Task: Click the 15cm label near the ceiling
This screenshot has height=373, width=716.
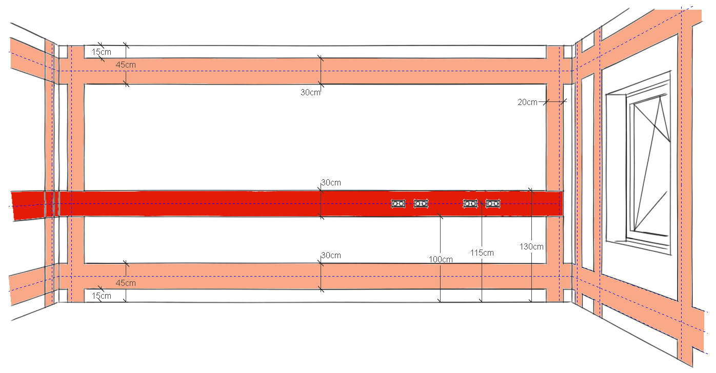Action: pos(102,52)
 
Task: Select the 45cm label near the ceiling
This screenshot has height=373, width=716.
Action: pos(126,65)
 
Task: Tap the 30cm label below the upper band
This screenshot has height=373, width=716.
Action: pos(310,92)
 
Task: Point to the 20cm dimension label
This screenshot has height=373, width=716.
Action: pos(527,102)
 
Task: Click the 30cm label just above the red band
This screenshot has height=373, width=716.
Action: pos(331,183)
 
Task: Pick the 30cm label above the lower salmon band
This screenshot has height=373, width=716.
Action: pos(331,256)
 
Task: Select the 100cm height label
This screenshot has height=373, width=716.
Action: pos(441,259)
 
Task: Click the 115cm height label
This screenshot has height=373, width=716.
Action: pos(482,253)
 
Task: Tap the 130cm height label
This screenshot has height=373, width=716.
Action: pos(531,246)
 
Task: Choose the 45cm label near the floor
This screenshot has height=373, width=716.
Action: pos(126,283)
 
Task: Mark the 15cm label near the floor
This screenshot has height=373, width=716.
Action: pos(102,296)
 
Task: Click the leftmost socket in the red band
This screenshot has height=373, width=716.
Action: pos(399,204)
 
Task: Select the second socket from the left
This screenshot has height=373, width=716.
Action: pos(421,204)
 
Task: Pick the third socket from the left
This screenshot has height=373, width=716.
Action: pos(470,204)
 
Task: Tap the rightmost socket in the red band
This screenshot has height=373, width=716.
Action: pos(493,204)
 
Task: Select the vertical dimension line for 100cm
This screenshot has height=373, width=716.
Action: pos(441,258)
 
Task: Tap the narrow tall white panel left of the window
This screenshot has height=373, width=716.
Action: pos(588,173)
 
